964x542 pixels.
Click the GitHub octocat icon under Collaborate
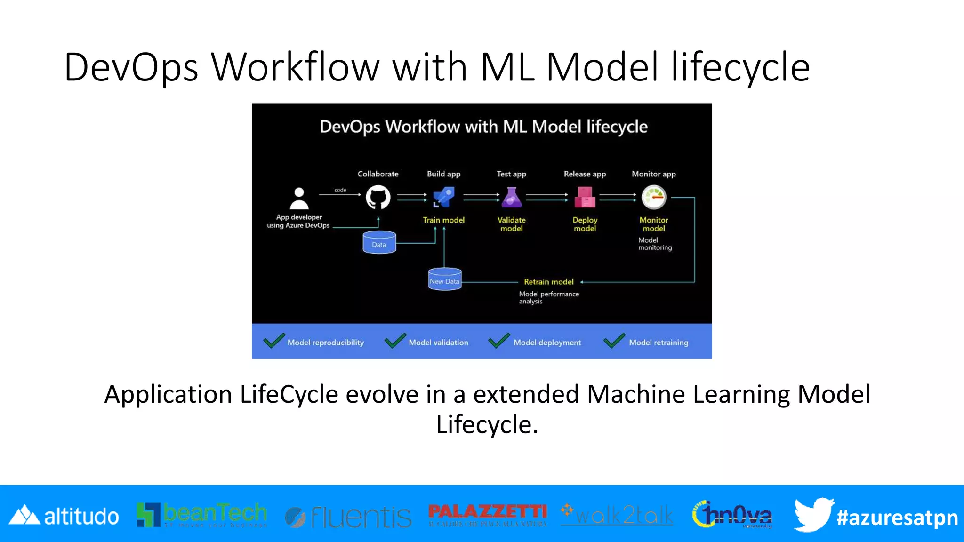(x=378, y=197)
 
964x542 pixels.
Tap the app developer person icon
(x=299, y=198)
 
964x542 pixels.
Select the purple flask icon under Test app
(x=512, y=198)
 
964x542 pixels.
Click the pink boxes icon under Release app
(x=585, y=197)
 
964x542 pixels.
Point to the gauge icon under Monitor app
(x=654, y=197)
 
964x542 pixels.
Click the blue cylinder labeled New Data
(x=444, y=279)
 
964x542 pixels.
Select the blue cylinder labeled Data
(x=379, y=243)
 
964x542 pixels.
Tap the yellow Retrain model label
(x=549, y=282)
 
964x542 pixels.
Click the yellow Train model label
(x=443, y=220)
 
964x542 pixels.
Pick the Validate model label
(x=512, y=224)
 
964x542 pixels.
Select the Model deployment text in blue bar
(x=547, y=343)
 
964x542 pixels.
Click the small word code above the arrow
(x=340, y=190)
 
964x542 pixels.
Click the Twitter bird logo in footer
(x=813, y=514)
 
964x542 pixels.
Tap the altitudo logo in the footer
(x=64, y=516)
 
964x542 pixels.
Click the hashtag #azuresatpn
(x=897, y=518)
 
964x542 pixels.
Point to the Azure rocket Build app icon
(x=443, y=197)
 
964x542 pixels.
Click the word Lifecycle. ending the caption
(x=487, y=424)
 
